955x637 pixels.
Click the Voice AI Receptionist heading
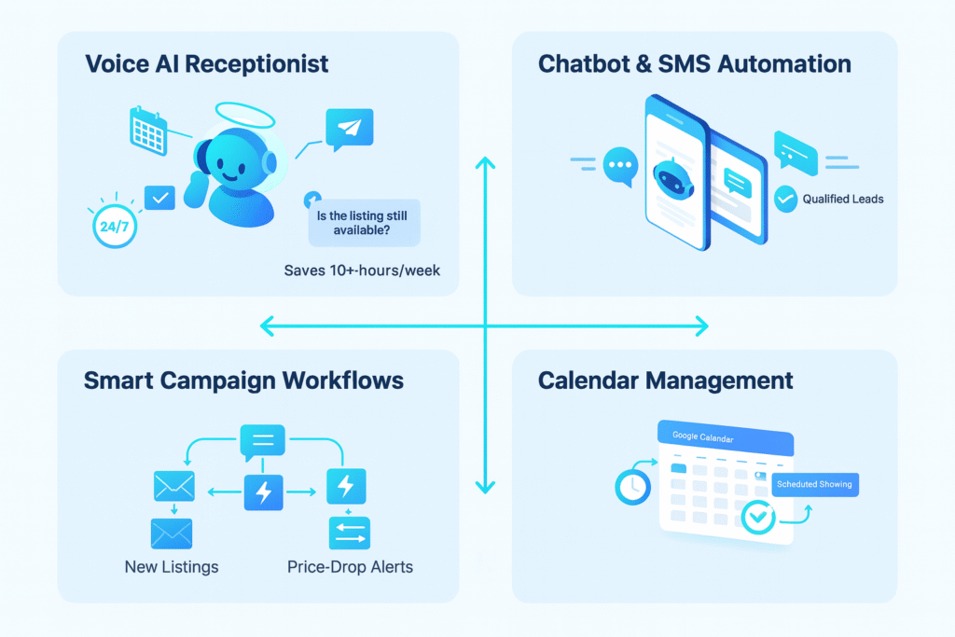[x=206, y=64]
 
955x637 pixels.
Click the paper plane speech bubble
[x=348, y=129]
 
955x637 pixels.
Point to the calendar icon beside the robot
[x=147, y=130]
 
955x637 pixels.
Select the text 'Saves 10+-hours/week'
[x=362, y=271]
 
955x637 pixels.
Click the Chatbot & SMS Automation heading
[x=695, y=64]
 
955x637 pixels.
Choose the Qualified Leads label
[x=842, y=199]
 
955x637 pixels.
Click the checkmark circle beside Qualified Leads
[x=786, y=199]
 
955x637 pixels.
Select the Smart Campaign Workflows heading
[x=243, y=381]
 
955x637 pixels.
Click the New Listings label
[x=172, y=566]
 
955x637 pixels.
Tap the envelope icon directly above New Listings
[x=172, y=533]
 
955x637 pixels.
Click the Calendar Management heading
[x=666, y=381]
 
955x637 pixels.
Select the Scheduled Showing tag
[x=813, y=485]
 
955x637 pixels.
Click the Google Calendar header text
[x=702, y=437]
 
